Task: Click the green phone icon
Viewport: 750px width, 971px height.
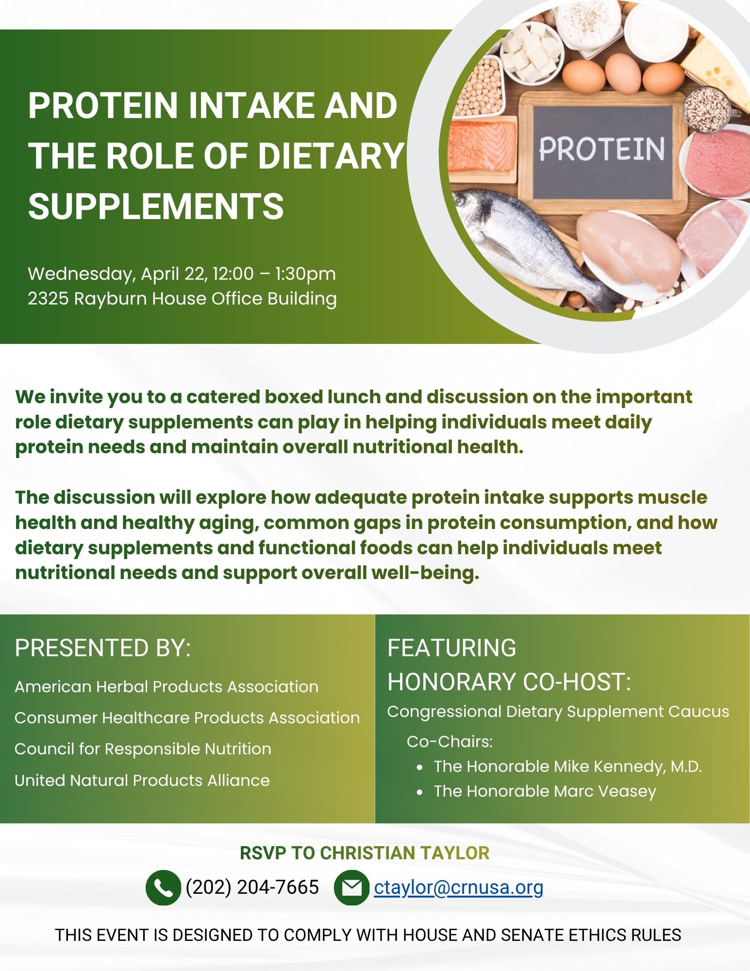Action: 163,887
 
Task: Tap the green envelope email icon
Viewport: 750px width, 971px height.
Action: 351,887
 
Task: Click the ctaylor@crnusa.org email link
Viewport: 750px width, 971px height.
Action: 459,887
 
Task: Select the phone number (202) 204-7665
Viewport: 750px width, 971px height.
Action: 252,887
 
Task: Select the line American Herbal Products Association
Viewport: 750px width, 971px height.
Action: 167,686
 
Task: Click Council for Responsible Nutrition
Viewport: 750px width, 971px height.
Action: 143,749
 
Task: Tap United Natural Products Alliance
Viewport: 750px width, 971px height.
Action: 142,780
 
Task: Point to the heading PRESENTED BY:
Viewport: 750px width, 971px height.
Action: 103,647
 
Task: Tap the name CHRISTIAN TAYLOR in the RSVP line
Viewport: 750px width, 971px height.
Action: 405,853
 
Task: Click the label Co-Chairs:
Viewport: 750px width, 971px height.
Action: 450,741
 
